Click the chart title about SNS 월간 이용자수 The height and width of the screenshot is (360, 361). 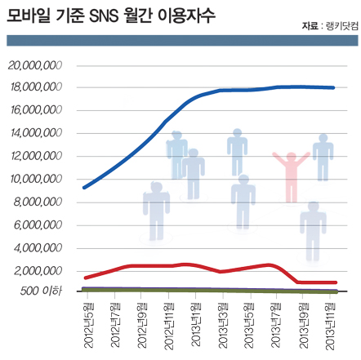[x=111, y=16]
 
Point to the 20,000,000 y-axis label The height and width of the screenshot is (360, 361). [x=35, y=65]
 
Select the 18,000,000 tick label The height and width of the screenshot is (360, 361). [x=36, y=87]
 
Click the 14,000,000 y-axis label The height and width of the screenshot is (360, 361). [x=36, y=133]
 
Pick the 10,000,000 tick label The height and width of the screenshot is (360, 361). [x=36, y=179]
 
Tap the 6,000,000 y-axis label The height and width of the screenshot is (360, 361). [x=38, y=225]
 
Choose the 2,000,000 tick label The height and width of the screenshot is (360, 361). [x=38, y=271]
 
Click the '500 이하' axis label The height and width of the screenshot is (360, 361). [x=41, y=291]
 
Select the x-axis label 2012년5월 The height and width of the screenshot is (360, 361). [x=89, y=325]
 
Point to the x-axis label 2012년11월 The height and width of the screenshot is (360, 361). [x=169, y=326]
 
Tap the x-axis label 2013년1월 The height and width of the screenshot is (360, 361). [x=196, y=324]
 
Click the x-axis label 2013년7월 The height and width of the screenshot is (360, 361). [x=276, y=325]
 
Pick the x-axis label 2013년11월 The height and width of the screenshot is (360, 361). [x=330, y=326]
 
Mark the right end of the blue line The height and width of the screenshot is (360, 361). [x=333, y=87]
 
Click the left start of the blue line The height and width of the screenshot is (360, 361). [x=84, y=188]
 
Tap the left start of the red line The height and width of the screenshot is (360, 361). [x=86, y=278]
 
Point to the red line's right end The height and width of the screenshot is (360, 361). [x=336, y=282]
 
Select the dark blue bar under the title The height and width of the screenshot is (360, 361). [x=182, y=40]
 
